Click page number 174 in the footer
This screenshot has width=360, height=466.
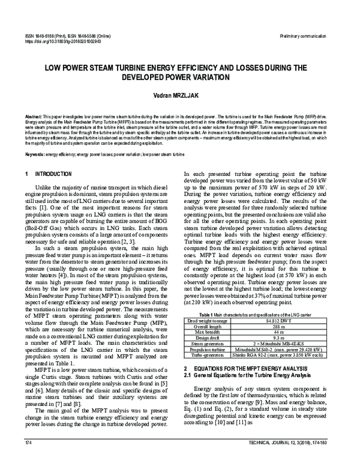tap(28, 459)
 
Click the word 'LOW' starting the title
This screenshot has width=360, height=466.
tap(55, 69)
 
